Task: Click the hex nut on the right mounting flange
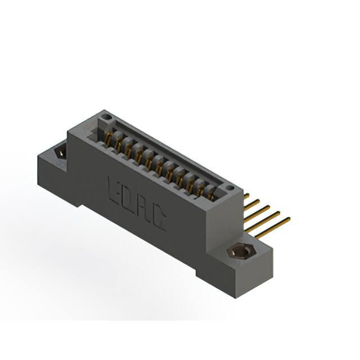[241, 251]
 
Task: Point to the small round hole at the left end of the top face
[106, 117]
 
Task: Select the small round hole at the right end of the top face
[230, 188]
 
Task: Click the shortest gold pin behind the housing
[246, 196]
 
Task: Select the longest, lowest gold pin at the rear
[273, 228]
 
